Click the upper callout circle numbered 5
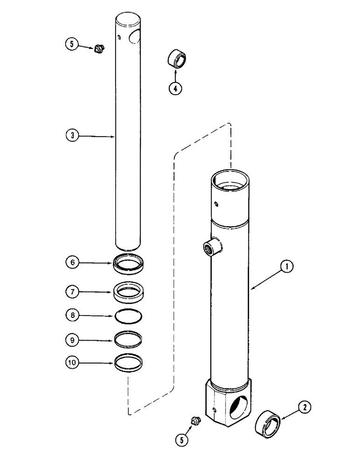pyautogui.click(x=71, y=45)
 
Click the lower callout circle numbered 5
pyautogui.click(x=182, y=439)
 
